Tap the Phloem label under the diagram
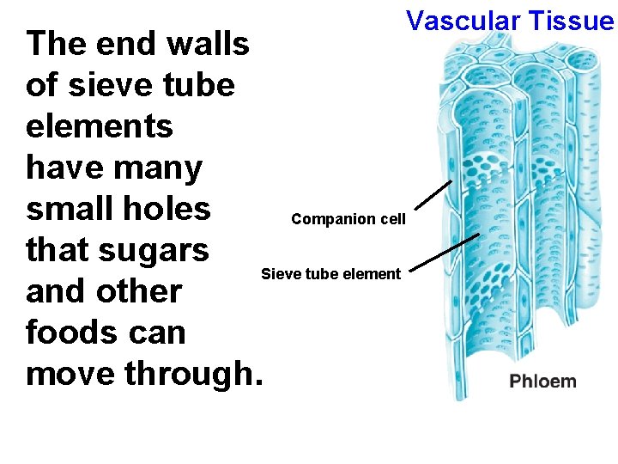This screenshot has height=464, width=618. (x=542, y=381)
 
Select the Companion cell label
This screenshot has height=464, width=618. (x=348, y=219)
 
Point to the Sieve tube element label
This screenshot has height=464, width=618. (x=330, y=274)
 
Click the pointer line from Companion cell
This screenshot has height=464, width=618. (x=434, y=195)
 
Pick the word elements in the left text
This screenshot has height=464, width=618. (x=100, y=126)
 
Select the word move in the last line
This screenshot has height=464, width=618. (x=70, y=374)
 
